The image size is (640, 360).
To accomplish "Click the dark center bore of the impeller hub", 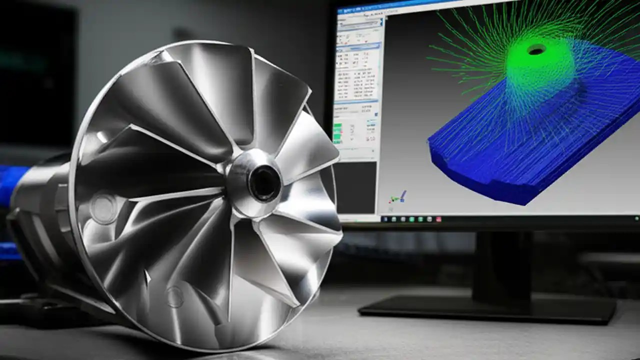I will click(x=264, y=183).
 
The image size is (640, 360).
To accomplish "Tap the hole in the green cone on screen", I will click(x=536, y=49).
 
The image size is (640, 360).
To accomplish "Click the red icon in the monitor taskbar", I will click(x=438, y=219).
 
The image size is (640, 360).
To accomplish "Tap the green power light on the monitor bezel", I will click(x=636, y=218).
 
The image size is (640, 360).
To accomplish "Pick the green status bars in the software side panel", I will click(x=337, y=132).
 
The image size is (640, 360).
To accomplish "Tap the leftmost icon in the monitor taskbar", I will click(x=385, y=219).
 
